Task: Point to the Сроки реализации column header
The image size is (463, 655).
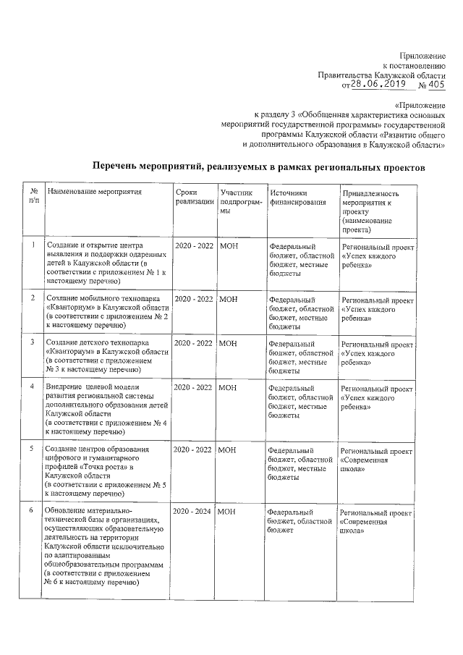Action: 193,198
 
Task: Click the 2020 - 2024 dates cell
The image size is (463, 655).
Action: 193,512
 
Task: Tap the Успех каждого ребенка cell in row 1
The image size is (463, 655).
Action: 376,256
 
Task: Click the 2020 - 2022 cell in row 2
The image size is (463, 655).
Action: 193,299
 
